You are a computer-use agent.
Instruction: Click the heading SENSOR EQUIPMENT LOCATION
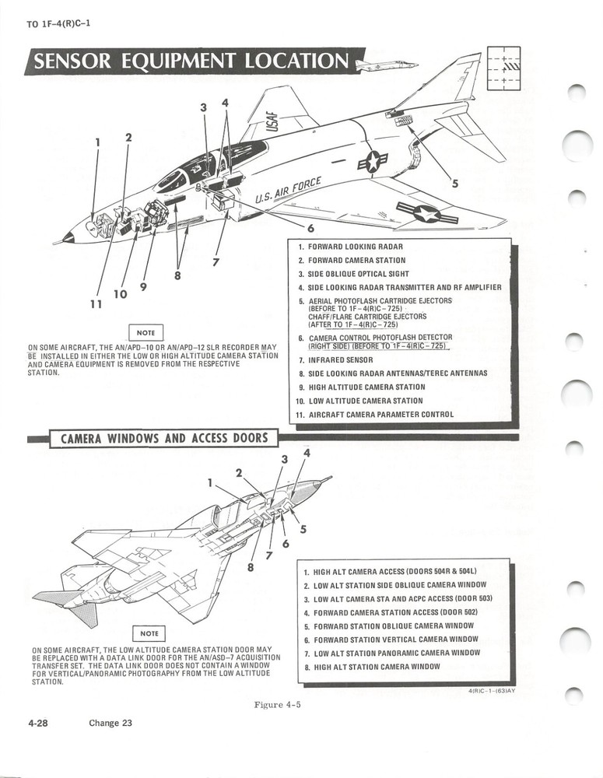pyautogui.click(x=191, y=62)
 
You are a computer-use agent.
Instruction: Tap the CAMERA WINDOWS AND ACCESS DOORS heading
pyautogui.click(x=163, y=438)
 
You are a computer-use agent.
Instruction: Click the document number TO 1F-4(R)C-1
pyautogui.click(x=58, y=23)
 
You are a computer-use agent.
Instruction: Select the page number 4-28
pyautogui.click(x=37, y=723)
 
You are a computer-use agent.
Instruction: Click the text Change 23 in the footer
pyautogui.click(x=110, y=723)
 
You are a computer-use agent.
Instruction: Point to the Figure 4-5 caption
pyautogui.click(x=277, y=705)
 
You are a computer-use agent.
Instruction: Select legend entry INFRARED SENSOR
pyautogui.click(x=341, y=359)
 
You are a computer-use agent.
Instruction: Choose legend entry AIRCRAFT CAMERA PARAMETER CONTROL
pyautogui.click(x=380, y=415)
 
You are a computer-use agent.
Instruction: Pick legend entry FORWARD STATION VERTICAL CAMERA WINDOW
pyautogui.click(x=394, y=639)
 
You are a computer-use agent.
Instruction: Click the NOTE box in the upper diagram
pyautogui.click(x=147, y=332)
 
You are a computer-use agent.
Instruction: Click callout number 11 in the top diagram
pyautogui.click(x=95, y=304)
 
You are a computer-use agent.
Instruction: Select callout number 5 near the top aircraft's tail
pyautogui.click(x=455, y=184)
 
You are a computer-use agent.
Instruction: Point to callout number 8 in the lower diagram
pyautogui.click(x=251, y=568)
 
